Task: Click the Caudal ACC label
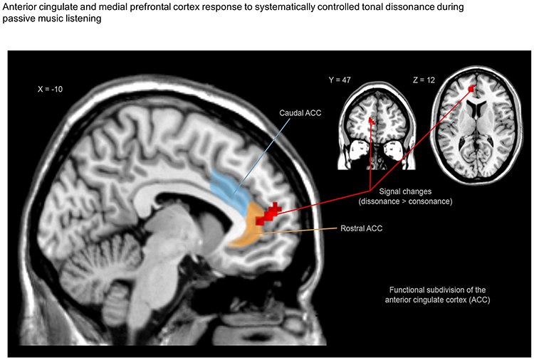click(x=294, y=112)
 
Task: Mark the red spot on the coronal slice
click(x=371, y=122)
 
